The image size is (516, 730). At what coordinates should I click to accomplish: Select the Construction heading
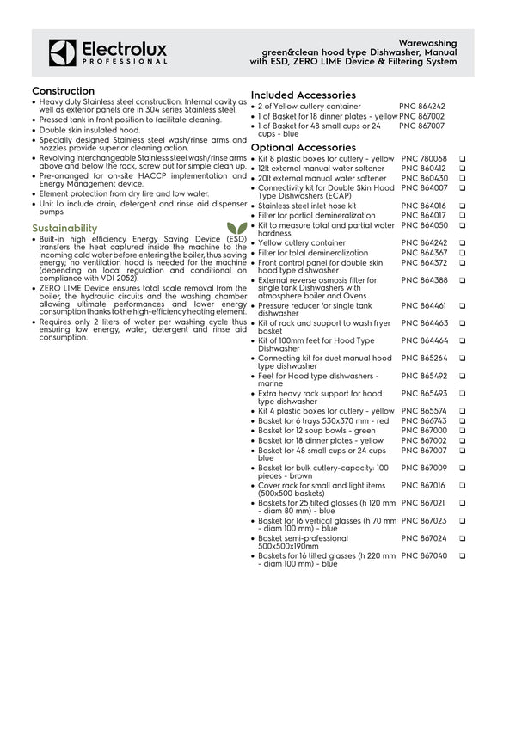point(63,91)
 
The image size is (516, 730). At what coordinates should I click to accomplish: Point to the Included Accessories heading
point(303,95)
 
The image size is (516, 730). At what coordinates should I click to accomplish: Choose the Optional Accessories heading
point(303,148)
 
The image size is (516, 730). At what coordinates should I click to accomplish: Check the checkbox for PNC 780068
point(486,159)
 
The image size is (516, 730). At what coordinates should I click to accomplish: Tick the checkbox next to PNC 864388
point(486,280)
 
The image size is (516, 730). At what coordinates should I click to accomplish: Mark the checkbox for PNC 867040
point(486,556)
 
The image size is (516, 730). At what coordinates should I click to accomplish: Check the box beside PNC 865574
point(486,411)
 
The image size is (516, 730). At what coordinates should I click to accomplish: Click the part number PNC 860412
point(424,169)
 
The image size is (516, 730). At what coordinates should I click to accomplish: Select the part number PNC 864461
point(424,304)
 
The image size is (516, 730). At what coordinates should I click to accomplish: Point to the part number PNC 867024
point(424,538)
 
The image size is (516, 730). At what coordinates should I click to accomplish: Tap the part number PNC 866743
point(424,420)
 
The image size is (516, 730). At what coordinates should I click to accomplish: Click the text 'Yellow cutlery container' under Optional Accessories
point(298,243)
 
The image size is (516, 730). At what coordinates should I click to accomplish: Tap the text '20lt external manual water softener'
point(322,178)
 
